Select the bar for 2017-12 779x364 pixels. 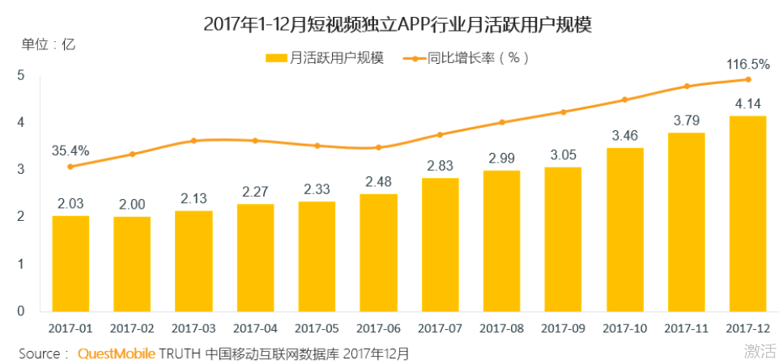(747, 214)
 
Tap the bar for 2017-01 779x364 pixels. (70, 263)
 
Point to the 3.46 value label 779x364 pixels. (624, 134)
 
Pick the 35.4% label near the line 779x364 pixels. (70, 150)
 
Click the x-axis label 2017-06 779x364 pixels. (378, 329)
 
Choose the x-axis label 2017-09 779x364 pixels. (563, 329)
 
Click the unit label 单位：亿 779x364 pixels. (48, 44)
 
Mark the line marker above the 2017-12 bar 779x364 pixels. (747, 79)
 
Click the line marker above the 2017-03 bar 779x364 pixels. (194, 141)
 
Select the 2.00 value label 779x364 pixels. (132, 204)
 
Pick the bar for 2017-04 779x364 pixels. (255, 257)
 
